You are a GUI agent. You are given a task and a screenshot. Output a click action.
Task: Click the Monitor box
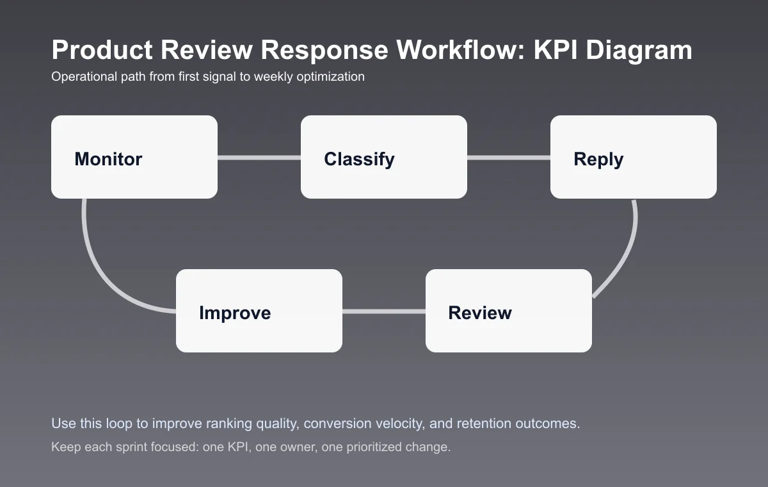point(134,157)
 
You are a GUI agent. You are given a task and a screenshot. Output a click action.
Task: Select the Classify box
point(384,157)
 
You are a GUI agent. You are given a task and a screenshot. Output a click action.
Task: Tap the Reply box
point(634,157)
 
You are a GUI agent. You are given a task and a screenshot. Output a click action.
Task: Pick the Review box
point(509,311)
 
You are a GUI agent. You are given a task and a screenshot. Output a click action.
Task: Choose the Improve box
point(259,311)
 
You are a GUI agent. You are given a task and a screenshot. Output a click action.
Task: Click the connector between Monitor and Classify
point(259,158)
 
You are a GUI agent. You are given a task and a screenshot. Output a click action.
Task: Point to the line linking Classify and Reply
point(509,158)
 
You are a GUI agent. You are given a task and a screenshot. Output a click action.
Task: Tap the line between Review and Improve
point(384,311)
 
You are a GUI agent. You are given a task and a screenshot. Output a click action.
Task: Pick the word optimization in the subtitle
point(330,77)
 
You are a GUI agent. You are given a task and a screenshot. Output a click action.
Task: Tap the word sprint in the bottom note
point(127,447)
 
